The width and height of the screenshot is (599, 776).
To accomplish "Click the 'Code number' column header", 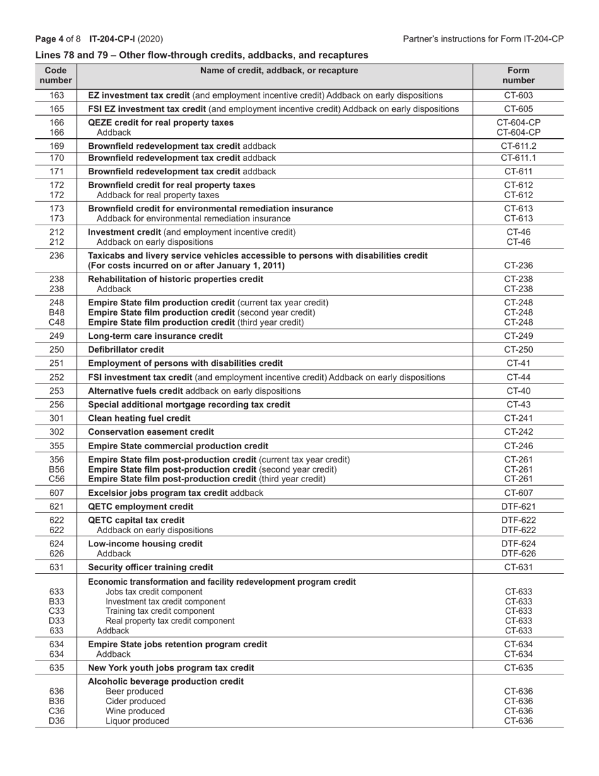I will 56,76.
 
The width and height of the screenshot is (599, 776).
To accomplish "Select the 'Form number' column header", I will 518,76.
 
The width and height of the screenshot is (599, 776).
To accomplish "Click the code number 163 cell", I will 57,95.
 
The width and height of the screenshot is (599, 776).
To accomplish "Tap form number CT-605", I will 518,109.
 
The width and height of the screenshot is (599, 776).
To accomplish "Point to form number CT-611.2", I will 518,146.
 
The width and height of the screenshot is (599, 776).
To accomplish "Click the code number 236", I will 57,256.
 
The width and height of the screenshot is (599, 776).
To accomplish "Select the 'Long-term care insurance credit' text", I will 155,336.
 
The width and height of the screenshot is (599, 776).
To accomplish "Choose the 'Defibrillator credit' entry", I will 126,350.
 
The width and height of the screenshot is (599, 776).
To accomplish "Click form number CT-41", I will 518,363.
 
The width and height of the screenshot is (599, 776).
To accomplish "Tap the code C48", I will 57,322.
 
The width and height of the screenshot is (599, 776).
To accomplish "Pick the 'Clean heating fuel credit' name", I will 139,418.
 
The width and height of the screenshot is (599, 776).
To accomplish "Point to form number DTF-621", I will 518,507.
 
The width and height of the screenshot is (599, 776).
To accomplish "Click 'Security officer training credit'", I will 151,567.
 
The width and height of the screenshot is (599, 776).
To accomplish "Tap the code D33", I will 57,621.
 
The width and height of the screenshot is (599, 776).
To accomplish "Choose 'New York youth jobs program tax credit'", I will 172,667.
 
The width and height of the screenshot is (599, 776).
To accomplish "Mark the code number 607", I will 57,493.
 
